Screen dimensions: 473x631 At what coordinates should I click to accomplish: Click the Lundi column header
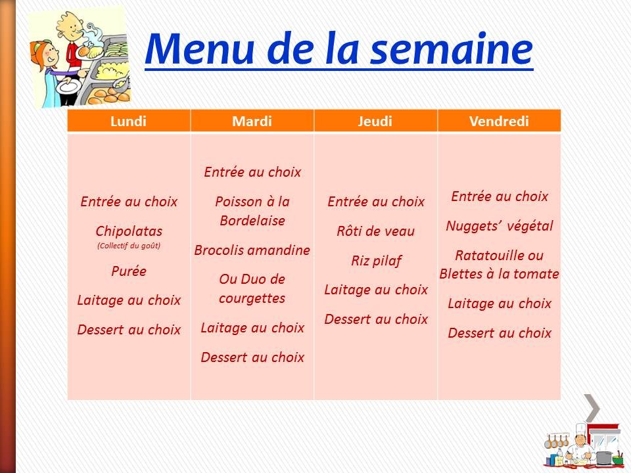coord(129,121)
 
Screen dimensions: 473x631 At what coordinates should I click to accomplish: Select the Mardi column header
coord(252,121)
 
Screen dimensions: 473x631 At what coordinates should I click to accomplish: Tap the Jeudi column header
coord(376,121)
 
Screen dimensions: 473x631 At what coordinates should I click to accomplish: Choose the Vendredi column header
coord(500,121)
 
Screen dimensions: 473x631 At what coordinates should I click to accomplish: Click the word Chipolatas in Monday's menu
coord(129,231)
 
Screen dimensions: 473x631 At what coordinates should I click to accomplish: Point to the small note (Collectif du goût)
coord(129,246)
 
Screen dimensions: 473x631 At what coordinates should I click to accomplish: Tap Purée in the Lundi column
coord(129,271)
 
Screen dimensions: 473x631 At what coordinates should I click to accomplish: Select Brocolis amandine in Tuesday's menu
coord(252,250)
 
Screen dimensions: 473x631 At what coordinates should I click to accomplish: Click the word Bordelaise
coord(252,221)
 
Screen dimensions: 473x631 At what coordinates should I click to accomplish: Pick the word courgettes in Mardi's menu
coord(252,298)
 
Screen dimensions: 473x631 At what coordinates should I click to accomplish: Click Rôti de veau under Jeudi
coord(376,231)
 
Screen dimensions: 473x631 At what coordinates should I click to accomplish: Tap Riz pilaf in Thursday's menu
coord(376,261)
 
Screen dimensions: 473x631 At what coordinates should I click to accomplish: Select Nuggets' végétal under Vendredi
coord(500,226)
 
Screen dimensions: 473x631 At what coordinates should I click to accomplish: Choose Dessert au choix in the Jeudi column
coord(376,319)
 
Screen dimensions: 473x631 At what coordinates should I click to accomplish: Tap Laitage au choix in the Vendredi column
coord(500,304)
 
